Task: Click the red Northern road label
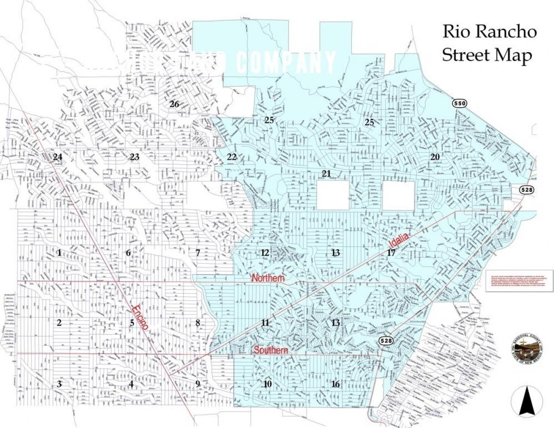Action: (268, 278)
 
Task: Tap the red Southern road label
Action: (271, 351)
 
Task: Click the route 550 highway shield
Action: (459, 103)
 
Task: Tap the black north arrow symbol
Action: (526, 402)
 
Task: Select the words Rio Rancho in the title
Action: (489, 32)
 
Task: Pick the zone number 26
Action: (174, 104)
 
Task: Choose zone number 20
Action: (435, 157)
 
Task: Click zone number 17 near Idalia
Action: (391, 253)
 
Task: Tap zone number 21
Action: (326, 174)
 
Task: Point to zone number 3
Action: (59, 384)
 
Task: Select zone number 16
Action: (336, 384)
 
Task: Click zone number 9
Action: (198, 384)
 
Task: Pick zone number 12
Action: (265, 253)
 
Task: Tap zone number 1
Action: (59, 253)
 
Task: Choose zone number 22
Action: (232, 157)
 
